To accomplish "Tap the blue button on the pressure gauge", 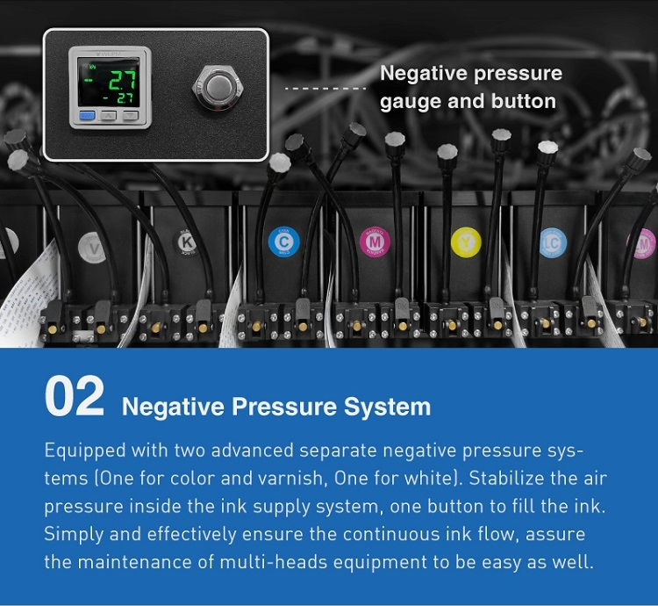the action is click(x=87, y=115).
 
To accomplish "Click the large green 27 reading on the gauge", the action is click(x=122, y=80).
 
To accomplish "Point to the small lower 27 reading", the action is click(x=125, y=98).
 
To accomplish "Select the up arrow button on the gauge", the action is click(x=109, y=115).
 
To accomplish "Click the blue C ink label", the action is click(x=283, y=242).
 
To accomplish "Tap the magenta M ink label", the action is click(x=375, y=242).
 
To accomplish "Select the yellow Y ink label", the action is click(x=466, y=242).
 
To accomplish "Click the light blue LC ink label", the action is click(x=553, y=242).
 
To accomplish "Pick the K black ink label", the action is click(x=186, y=242).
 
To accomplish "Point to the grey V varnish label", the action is click(x=92, y=248).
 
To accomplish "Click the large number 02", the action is click(x=75, y=396).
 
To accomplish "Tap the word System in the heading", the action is click(x=387, y=407).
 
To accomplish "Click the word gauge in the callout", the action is click(x=410, y=102).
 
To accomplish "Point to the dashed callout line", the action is click(x=325, y=89).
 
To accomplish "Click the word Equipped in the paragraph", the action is click(x=85, y=451).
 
